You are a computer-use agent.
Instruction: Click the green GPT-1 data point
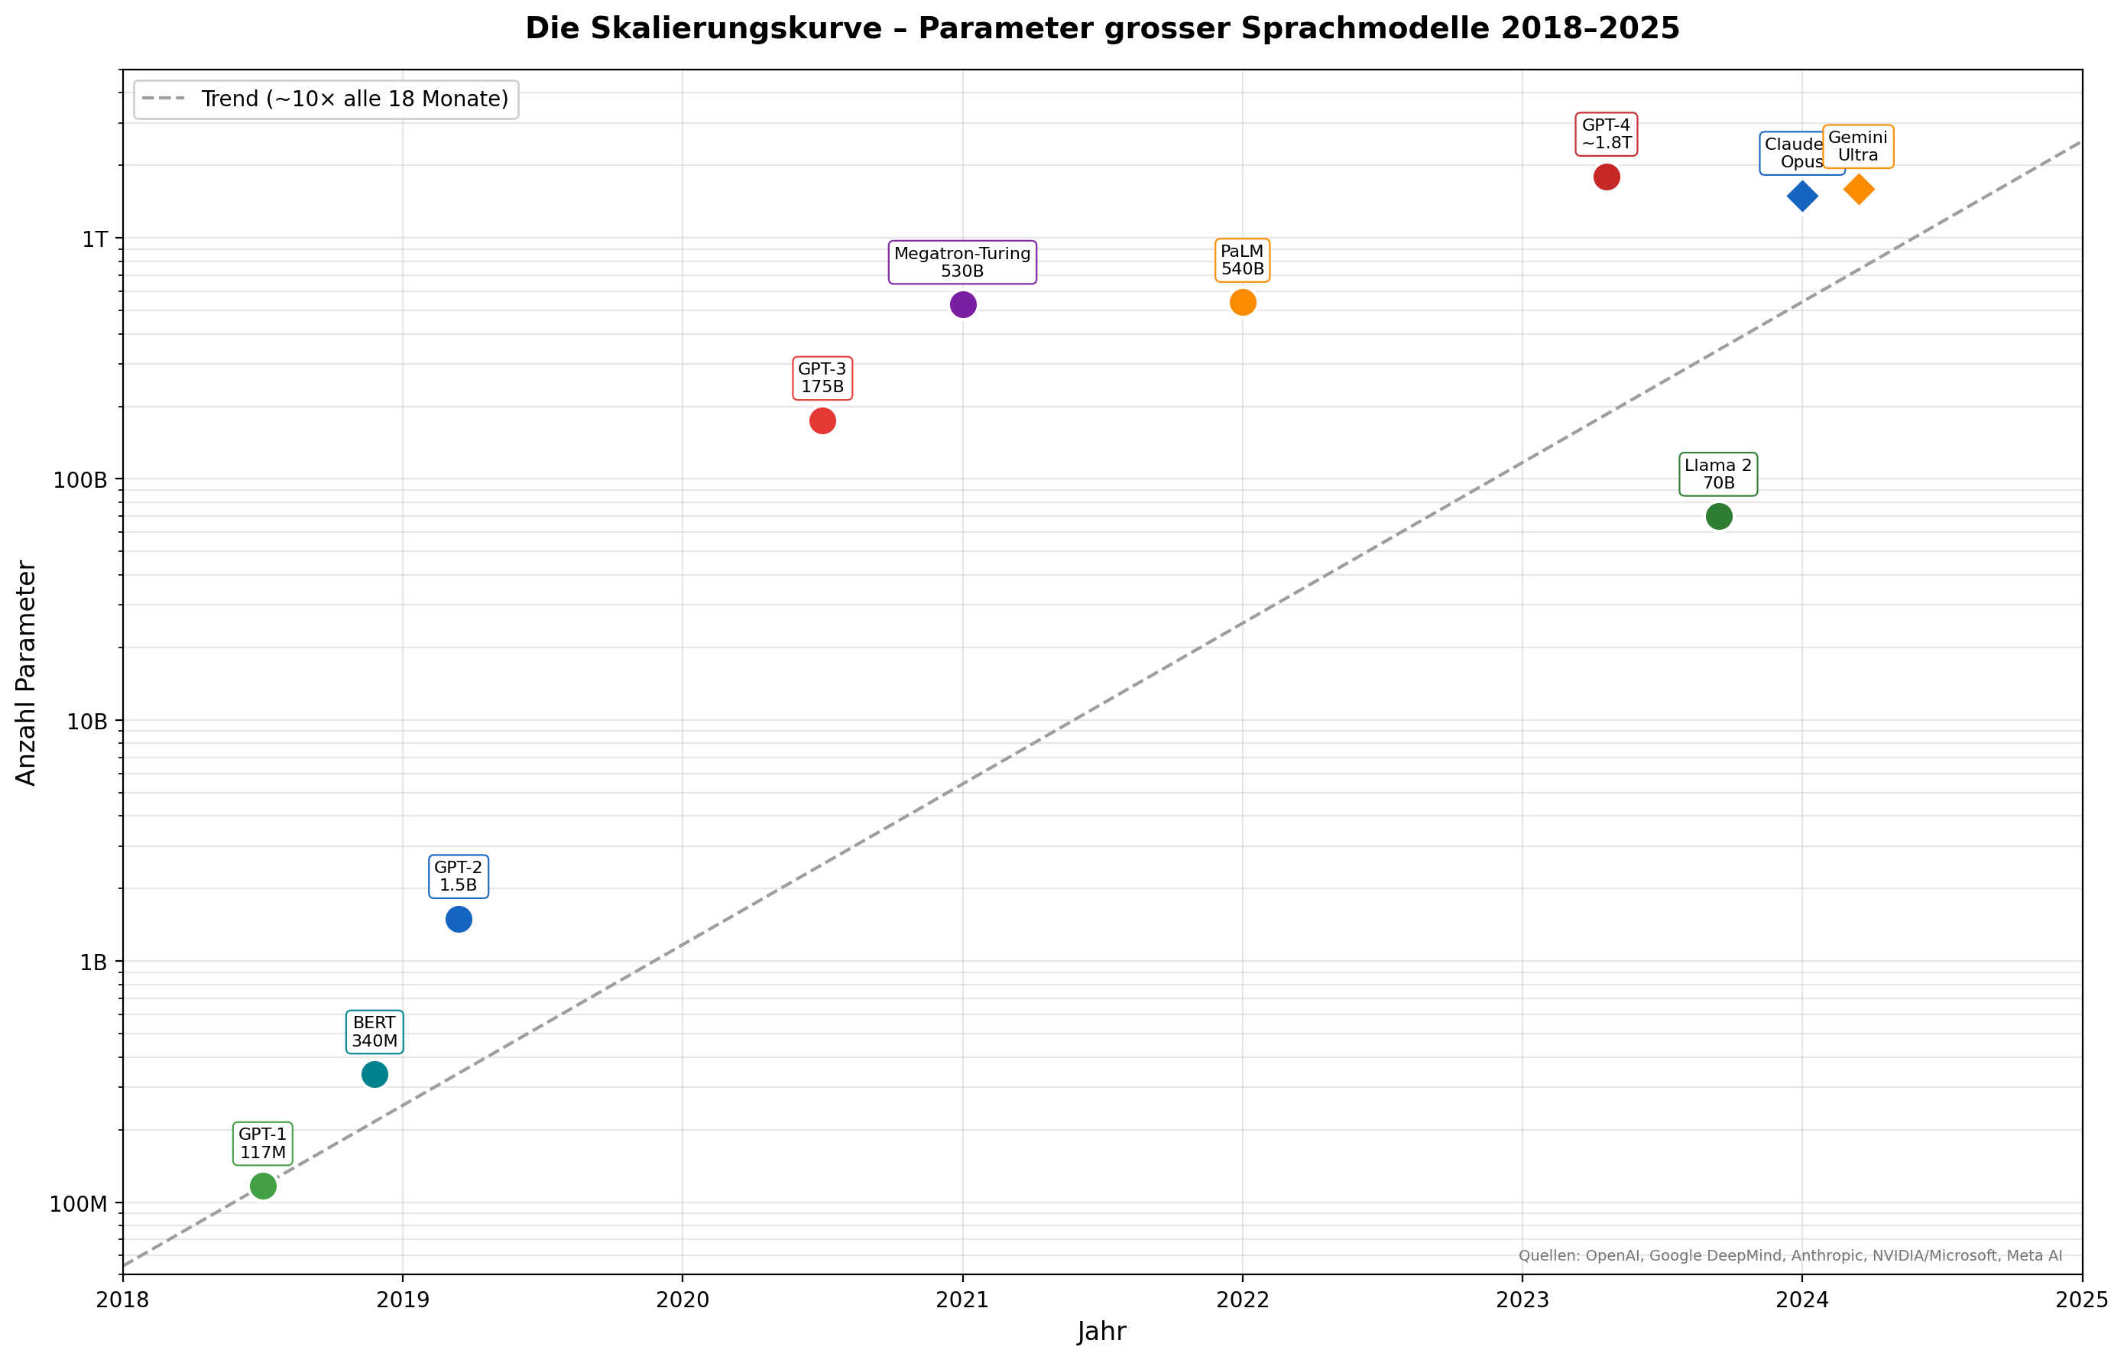click(x=263, y=1186)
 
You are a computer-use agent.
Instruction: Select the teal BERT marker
click(x=375, y=1075)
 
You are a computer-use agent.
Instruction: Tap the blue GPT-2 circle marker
click(x=458, y=920)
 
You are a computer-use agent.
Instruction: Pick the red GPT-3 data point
click(x=822, y=421)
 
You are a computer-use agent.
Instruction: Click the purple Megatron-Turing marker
click(x=962, y=305)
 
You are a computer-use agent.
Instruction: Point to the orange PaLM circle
click(x=1242, y=303)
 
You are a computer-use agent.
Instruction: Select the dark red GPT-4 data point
click(x=1606, y=177)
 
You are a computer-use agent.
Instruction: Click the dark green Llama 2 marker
click(x=1718, y=517)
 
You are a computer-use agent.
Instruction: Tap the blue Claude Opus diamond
click(x=1801, y=196)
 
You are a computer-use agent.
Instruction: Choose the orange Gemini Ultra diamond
click(x=1858, y=189)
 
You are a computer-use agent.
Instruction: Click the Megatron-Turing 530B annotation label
click(x=962, y=262)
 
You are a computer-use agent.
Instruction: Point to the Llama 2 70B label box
click(x=1718, y=474)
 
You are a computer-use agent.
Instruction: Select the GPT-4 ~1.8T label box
click(x=1606, y=135)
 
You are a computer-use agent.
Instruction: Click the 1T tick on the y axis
click(x=95, y=239)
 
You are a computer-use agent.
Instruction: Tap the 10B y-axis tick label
click(x=87, y=722)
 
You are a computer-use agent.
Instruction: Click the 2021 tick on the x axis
click(x=962, y=1300)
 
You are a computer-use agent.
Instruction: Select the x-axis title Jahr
click(x=1101, y=1332)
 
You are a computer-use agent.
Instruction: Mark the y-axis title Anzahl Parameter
click(x=27, y=673)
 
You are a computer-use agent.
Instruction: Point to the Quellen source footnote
click(x=1789, y=1256)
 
